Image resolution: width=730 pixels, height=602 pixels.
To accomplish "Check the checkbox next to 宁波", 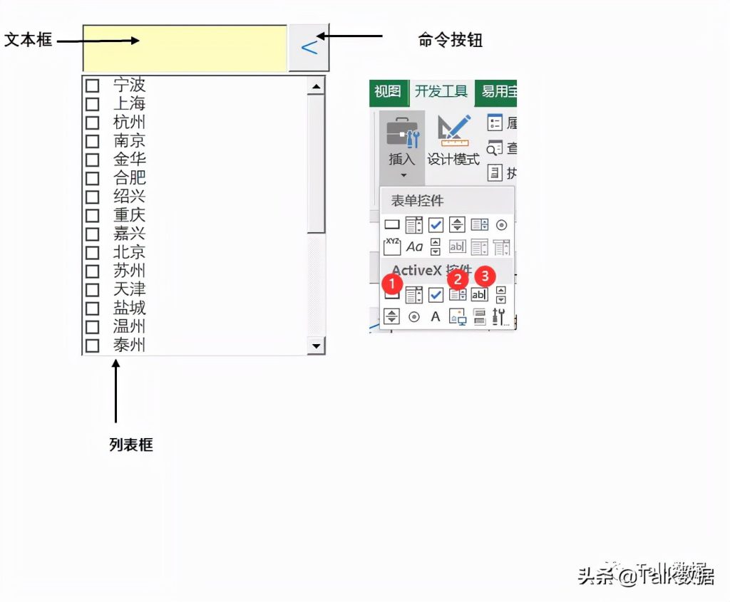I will [x=93, y=85].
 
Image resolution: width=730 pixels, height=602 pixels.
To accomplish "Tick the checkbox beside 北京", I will [x=93, y=252].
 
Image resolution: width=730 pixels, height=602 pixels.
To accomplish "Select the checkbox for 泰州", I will [x=93, y=346].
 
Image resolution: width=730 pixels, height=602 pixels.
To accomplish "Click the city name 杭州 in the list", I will [x=129, y=123].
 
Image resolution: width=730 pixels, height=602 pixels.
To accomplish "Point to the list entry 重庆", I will [x=129, y=215].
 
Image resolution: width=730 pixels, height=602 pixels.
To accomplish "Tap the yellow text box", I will [x=185, y=48].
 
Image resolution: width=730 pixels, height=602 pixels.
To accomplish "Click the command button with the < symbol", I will [x=309, y=48].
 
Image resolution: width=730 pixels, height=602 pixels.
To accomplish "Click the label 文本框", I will [x=29, y=40].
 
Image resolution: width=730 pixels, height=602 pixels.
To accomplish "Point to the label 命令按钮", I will [x=451, y=40].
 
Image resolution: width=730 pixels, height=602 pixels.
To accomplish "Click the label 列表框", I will [x=131, y=445].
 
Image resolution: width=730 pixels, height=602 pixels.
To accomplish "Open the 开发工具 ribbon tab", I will [x=441, y=92].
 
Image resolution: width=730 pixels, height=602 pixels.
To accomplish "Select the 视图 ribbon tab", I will [x=388, y=92].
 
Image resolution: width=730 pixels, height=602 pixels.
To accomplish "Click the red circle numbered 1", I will [x=391, y=284].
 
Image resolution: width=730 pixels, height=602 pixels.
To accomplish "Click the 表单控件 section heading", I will [x=417, y=201].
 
